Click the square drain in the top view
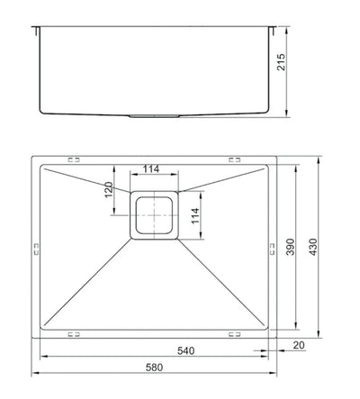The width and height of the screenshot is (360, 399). click(157, 216)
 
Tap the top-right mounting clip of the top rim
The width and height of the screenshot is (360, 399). click(236, 161)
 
